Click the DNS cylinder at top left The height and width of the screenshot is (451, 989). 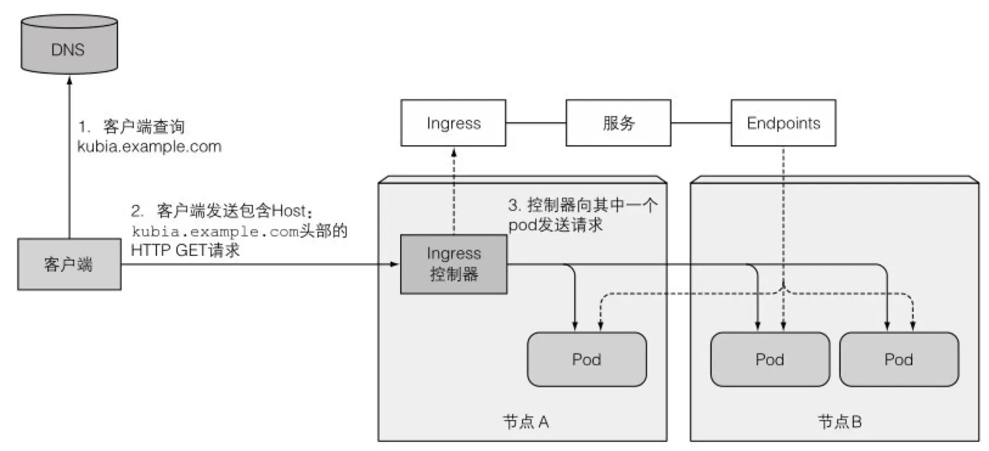click(68, 46)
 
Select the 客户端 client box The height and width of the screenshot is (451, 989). click(69, 264)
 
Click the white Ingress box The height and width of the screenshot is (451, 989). click(453, 123)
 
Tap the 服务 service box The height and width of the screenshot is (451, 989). click(618, 123)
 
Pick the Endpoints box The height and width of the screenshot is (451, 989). click(783, 123)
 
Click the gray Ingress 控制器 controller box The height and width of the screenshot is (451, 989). click(453, 264)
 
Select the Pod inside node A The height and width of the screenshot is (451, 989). click(586, 359)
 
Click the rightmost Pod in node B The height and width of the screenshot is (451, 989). click(898, 359)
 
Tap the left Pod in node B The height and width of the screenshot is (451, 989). click(769, 359)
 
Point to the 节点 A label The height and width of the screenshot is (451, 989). click(526, 422)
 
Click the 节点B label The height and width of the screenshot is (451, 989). click(839, 422)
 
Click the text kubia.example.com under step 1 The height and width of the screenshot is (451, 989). click(149, 146)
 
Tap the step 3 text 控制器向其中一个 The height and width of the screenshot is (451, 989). click(591, 205)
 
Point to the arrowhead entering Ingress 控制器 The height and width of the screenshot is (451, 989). click(395, 264)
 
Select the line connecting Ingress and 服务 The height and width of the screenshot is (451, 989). click(535, 123)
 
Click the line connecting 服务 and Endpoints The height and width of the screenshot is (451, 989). click(701, 123)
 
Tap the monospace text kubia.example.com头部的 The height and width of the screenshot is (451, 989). click(239, 232)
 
